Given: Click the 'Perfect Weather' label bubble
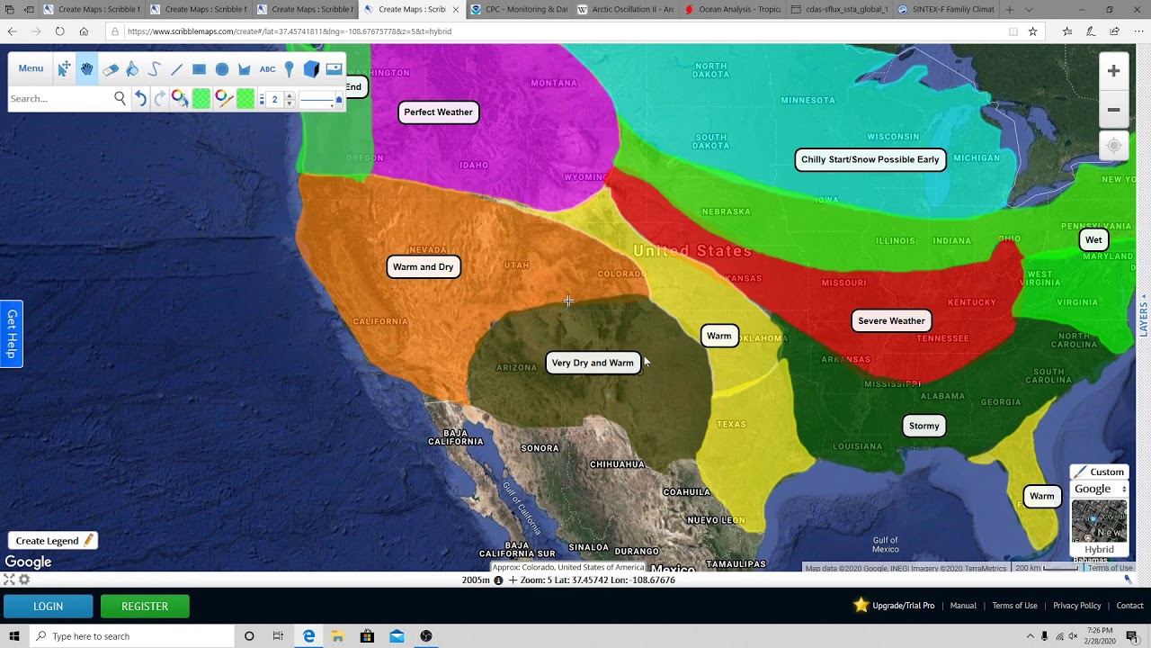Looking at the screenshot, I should (x=438, y=112).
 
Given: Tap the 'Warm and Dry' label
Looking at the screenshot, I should (x=423, y=267).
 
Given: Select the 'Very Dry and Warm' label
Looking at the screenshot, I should (x=593, y=363).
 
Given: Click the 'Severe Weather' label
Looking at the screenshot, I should (x=891, y=321).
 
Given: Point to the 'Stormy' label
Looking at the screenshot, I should (x=923, y=427).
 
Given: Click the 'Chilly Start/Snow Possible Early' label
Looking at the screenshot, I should (x=870, y=160).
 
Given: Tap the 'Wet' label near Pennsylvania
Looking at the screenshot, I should (x=1093, y=240).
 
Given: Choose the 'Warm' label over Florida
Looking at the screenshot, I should (x=1041, y=497).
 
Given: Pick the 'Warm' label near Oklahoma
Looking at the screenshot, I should (x=718, y=337).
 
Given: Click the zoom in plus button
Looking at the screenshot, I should (x=1113, y=71).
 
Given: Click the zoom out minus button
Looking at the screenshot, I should (x=1113, y=110).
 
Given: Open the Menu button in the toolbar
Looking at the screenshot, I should (x=31, y=68).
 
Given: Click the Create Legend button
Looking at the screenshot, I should (x=53, y=541).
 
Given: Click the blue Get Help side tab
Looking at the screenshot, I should (x=12, y=334).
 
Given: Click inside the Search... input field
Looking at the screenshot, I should (x=59, y=99).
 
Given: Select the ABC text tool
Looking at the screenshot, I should (x=267, y=69).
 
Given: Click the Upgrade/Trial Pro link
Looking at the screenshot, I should (x=903, y=606).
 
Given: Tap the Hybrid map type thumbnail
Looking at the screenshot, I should (x=1099, y=527).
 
